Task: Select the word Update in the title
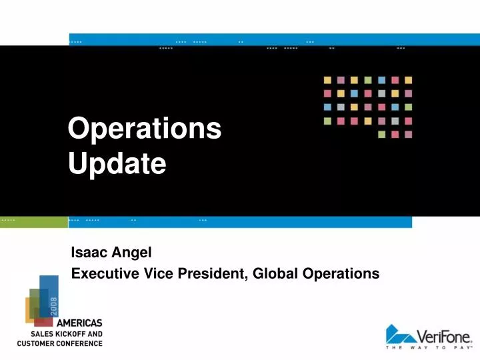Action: [x=117, y=163]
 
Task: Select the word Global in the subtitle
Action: [x=275, y=273]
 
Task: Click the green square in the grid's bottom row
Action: [x=381, y=134]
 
